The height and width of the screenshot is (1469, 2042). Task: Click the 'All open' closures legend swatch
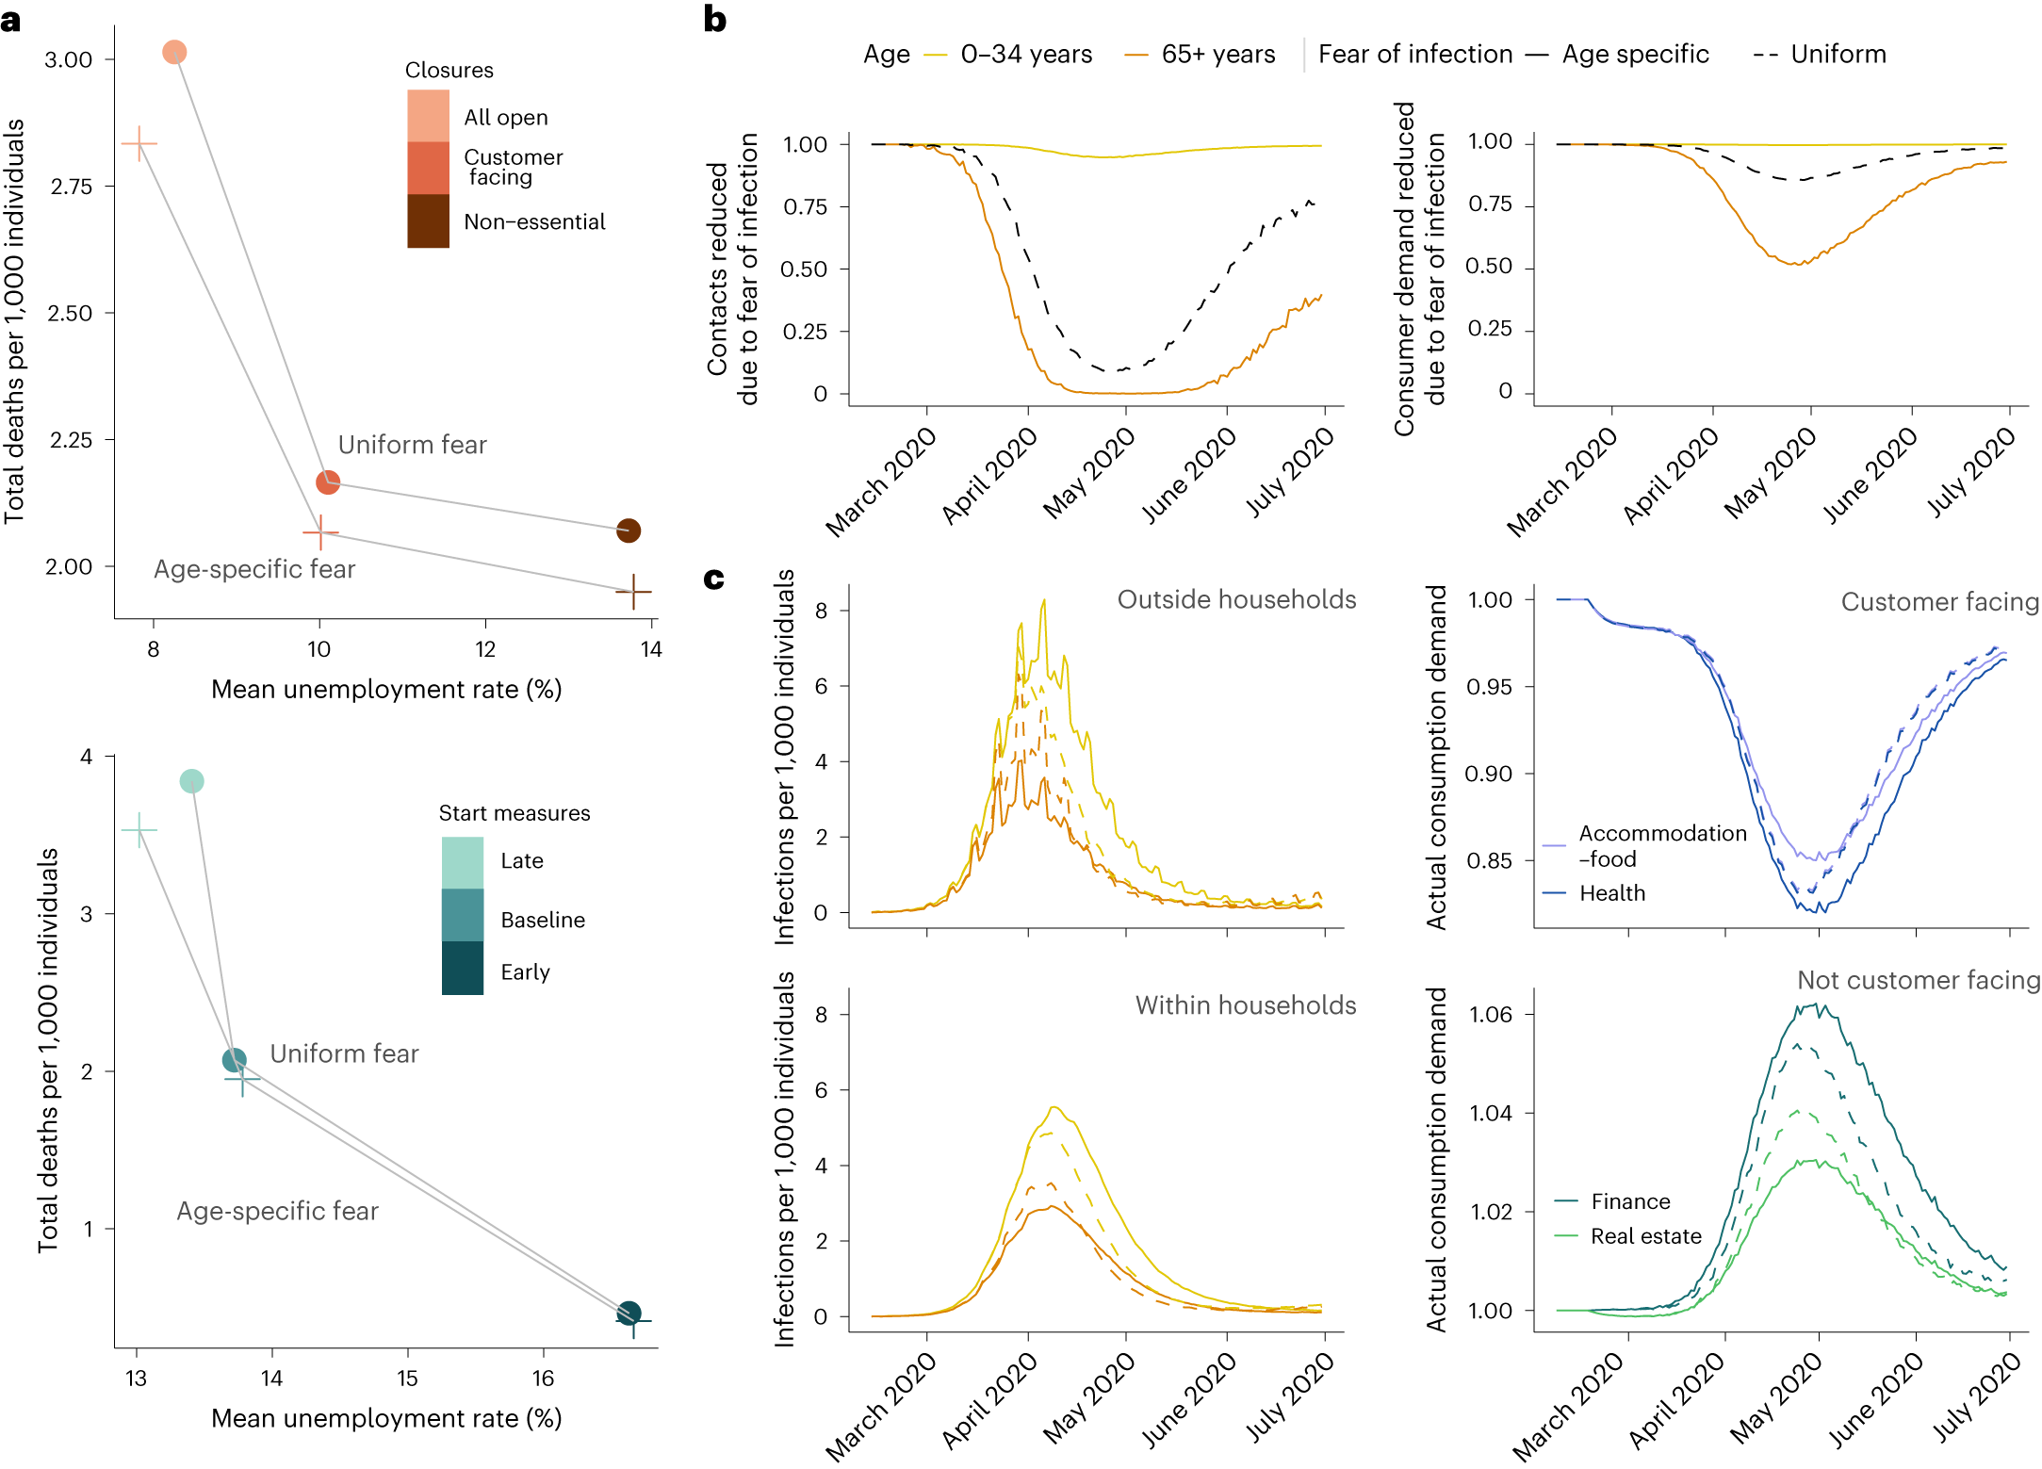[428, 116]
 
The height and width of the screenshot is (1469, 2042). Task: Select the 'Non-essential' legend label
[534, 222]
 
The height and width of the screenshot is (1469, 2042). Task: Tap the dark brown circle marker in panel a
[629, 530]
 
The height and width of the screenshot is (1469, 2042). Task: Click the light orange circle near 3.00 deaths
[174, 53]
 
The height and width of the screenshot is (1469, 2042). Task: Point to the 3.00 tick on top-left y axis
[69, 59]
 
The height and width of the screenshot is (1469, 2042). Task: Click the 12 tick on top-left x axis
[485, 649]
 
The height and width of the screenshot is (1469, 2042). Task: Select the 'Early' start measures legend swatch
[463, 969]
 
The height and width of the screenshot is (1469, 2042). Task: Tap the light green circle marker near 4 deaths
[191, 781]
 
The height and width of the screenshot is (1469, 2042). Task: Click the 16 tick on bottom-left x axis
[543, 1379]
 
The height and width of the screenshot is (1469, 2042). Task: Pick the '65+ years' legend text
[1217, 55]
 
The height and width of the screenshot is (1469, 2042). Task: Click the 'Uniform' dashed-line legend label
[1838, 55]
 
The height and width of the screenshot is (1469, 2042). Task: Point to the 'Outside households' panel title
[1236, 599]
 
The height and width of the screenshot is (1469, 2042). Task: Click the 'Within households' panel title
[1245, 1005]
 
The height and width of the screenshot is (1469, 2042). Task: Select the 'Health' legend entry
[1611, 893]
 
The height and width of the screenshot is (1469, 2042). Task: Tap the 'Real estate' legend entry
[1645, 1236]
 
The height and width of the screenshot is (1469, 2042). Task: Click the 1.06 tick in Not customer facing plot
[1491, 1015]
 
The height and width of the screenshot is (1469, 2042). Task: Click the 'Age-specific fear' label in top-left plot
[254, 569]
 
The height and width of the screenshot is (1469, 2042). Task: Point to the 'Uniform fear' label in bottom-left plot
[344, 1053]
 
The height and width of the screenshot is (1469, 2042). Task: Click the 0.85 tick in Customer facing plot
[1489, 860]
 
